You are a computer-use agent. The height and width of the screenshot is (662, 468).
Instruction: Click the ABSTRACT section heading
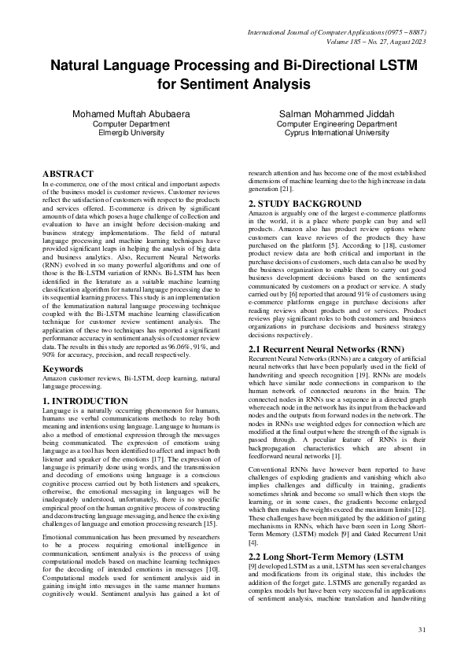click(x=68, y=172)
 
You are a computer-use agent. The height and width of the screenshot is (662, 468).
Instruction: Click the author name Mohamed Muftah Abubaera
click(x=131, y=114)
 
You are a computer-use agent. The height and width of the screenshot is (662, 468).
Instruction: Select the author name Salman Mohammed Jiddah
click(x=337, y=114)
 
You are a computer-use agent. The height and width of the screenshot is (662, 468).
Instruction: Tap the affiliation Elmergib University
click(x=131, y=133)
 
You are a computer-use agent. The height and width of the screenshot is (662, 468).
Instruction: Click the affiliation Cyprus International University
click(x=337, y=133)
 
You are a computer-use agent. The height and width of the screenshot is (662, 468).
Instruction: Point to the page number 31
click(x=421, y=630)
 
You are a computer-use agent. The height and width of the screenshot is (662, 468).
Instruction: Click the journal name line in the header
click(x=337, y=32)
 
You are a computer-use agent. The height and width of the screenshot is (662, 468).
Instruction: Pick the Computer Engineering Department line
click(x=337, y=123)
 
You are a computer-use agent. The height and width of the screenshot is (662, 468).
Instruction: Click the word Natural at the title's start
click(x=78, y=64)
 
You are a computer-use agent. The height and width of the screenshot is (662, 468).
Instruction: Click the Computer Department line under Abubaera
click(x=131, y=123)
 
